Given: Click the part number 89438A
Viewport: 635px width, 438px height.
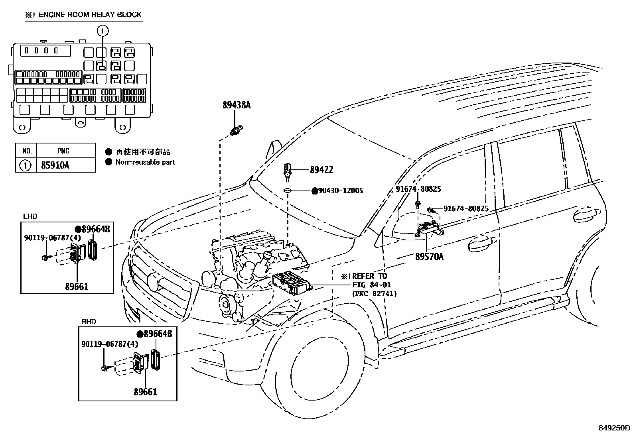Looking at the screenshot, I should tap(236, 105).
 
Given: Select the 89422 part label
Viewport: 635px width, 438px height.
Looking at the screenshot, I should tap(321, 170).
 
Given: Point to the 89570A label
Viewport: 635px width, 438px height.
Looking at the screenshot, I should tap(429, 257).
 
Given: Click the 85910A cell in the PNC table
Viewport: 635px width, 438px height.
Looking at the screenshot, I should tap(55, 165).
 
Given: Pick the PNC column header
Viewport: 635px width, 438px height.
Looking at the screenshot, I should tap(63, 151).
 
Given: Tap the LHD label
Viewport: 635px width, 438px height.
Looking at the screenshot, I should tap(30, 216).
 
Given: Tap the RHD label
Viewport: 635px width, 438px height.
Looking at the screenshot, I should tap(89, 322).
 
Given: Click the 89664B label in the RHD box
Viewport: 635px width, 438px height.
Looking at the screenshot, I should tap(158, 334).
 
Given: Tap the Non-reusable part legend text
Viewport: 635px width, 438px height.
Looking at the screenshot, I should tap(145, 162).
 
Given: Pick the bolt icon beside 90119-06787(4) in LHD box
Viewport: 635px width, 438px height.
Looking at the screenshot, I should tap(44, 258).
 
